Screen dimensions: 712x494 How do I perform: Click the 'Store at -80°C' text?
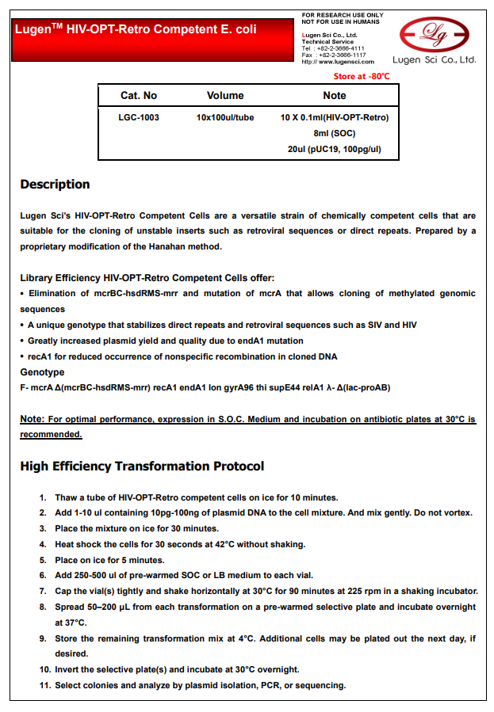[362, 76]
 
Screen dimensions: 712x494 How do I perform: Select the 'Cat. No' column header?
[139, 96]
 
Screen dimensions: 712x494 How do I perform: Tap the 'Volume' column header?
[225, 96]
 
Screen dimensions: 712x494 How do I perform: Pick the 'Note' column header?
[335, 96]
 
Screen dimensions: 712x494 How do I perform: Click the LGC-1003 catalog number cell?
[139, 118]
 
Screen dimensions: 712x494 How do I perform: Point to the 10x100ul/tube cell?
[225, 118]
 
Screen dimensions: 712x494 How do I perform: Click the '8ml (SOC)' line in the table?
[335, 133]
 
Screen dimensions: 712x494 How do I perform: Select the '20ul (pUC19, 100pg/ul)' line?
[335, 149]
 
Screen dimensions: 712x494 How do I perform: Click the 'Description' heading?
[55, 185]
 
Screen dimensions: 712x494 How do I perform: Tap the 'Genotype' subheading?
[42, 372]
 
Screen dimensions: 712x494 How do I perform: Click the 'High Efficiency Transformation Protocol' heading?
[142, 466]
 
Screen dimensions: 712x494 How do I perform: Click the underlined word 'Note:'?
[33, 419]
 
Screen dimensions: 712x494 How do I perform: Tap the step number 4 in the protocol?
[43, 544]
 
